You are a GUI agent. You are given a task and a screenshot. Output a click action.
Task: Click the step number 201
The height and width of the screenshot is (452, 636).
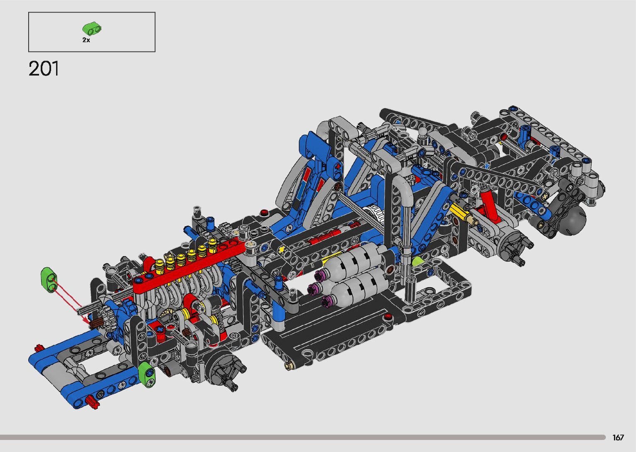tap(44, 68)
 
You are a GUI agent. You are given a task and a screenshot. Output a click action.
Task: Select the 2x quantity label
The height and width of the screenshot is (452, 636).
tap(86, 40)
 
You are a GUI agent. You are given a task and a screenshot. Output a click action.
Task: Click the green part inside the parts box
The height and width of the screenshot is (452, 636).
tap(92, 28)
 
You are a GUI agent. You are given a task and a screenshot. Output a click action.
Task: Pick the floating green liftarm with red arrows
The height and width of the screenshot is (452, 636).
tap(49, 280)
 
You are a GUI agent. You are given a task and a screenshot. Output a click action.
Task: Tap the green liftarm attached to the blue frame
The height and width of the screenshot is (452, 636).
tap(147, 374)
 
